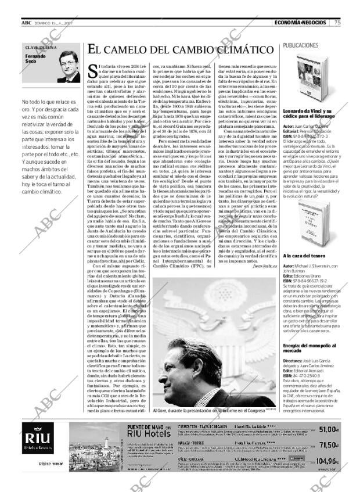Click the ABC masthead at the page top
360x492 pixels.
(26, 23)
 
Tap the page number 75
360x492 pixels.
(337, 23)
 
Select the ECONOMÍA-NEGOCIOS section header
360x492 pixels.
(301, 23)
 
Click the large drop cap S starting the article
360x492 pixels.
(93, 71)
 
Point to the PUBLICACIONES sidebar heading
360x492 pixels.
(302, 45)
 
